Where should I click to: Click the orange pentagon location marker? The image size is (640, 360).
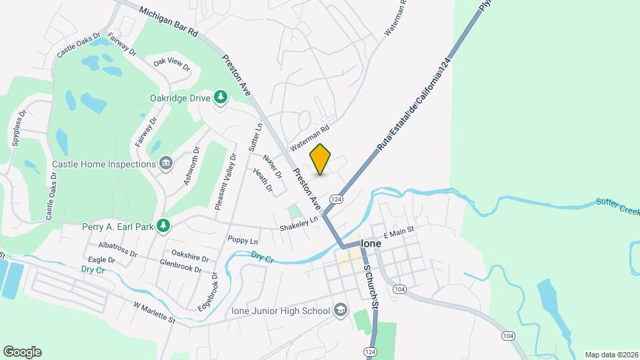tap(321, 159)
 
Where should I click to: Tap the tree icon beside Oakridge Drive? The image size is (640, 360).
tap(221, 99)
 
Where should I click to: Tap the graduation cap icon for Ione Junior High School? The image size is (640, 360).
tap(341, 311)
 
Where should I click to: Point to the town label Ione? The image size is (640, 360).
tap(371, 244)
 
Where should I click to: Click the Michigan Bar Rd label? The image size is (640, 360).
tap(169, 22)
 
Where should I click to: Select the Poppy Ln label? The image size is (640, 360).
tap(243, 240)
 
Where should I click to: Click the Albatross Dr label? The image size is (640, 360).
tap(118, 254)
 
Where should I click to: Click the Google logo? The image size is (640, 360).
tap(22, 352)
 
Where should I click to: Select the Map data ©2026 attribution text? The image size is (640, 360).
tap(611, 355)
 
